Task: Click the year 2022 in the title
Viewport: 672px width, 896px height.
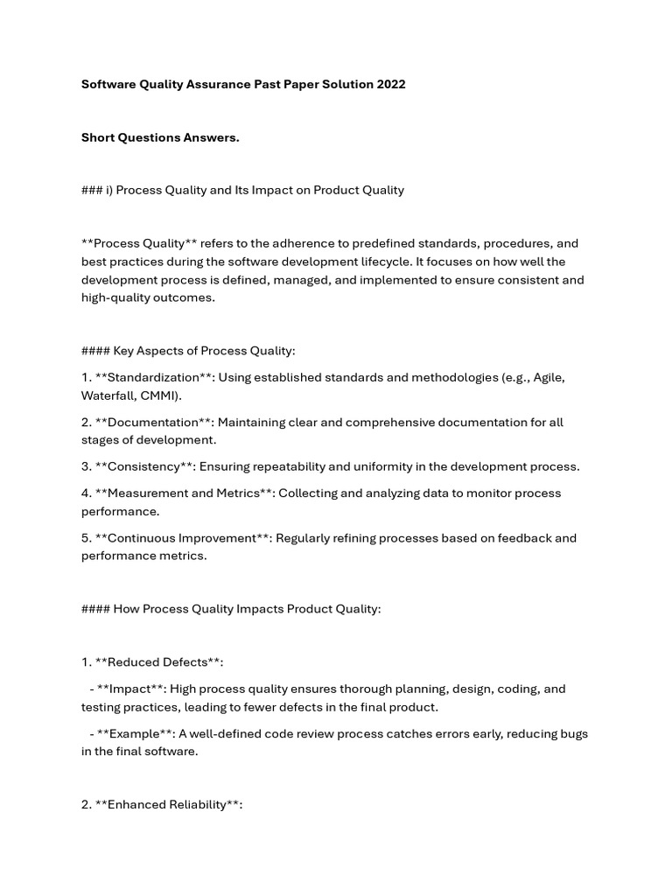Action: coord(389,85)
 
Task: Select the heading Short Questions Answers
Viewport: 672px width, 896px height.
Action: coord(160,137)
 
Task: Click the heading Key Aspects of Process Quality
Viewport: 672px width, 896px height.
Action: coord(204,351)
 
